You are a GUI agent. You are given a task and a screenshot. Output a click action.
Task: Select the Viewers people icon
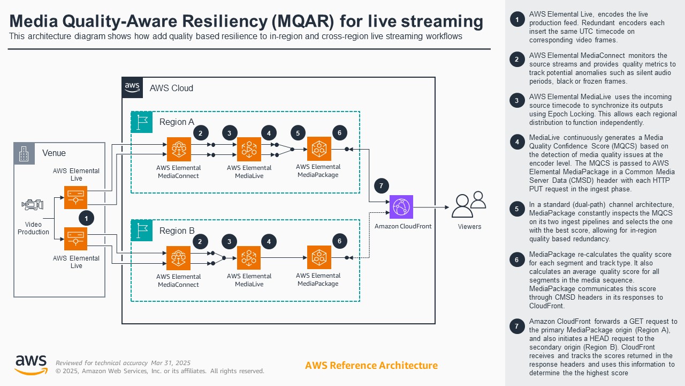[469, 204]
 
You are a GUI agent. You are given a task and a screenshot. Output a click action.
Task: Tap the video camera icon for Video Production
[33, 205]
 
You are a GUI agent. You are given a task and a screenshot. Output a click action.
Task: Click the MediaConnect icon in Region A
[178, 150]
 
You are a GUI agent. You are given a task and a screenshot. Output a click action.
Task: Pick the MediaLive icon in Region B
[249, 258]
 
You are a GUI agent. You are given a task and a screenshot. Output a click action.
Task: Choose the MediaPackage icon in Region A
[319, 149]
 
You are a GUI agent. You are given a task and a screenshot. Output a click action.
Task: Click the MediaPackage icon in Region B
[319, 257]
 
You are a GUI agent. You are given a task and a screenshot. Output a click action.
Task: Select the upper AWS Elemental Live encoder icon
[75, 197]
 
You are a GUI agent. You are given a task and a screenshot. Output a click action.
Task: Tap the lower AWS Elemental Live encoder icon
[75, 239]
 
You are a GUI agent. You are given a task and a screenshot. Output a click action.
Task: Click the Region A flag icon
[142, 122]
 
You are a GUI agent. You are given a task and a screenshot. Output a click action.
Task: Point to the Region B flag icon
[142, 231]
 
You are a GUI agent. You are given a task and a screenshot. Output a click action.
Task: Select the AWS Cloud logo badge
[133, 87]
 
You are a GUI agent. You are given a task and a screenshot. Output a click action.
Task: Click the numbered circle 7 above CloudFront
[380, 186]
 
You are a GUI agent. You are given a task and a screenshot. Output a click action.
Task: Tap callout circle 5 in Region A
[298, 133]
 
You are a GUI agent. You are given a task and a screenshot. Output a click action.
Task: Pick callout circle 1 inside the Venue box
[86, 218]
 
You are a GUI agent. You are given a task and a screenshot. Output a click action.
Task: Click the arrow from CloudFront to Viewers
[431, 207]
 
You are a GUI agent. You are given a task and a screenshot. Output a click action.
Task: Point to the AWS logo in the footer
[31, 365]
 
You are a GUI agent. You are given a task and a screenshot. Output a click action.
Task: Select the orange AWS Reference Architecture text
[371, 366]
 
